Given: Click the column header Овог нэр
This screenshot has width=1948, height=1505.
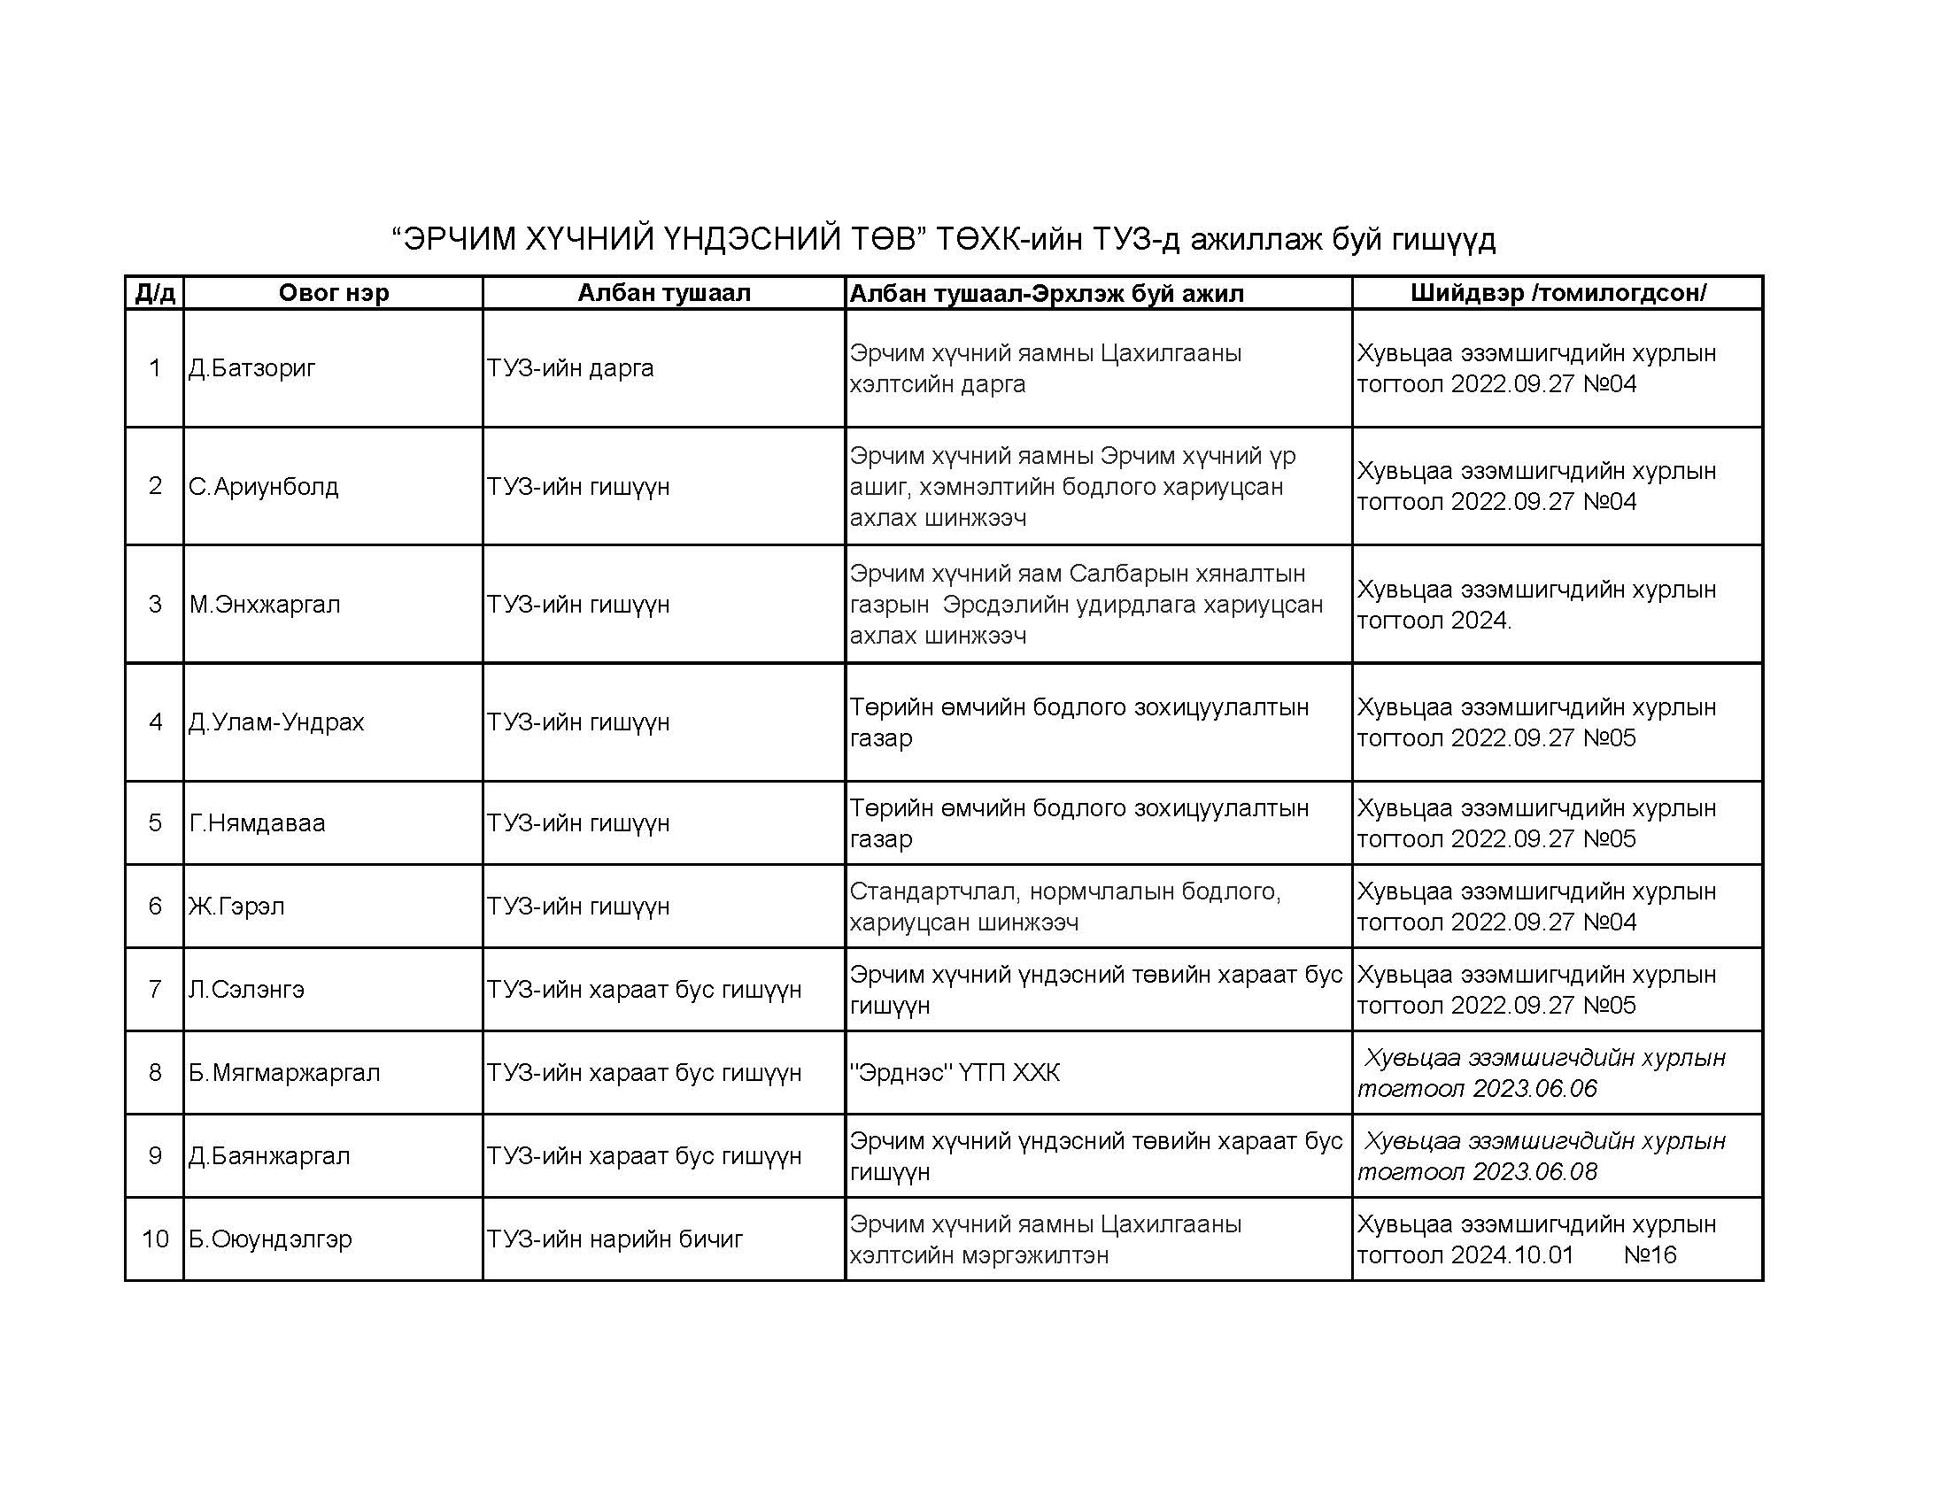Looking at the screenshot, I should point(334,293).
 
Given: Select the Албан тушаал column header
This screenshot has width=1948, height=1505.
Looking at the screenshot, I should point(663,293).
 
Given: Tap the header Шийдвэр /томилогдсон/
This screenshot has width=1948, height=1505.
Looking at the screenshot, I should point(1558,293).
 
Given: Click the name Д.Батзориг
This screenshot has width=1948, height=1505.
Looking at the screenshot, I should point(251,368).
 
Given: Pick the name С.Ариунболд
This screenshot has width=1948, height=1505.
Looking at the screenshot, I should point(263,487).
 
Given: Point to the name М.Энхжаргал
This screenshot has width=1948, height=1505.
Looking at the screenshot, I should point(264,605).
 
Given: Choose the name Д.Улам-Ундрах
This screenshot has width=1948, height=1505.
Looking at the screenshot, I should point(275,722).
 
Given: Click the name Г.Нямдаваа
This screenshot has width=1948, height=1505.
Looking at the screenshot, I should point(257,823).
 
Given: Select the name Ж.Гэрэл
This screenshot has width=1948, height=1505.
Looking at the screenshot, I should point(236,907).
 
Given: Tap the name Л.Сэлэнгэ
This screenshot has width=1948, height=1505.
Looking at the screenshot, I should point(246,990).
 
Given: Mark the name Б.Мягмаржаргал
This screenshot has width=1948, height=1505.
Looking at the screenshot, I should point(283,1073).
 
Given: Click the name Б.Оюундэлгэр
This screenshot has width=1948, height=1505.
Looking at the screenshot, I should point(269,1239).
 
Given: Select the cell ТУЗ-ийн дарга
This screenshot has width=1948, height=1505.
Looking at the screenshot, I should point(570,368).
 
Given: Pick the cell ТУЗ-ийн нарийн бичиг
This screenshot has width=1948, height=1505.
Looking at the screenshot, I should point(615,1239).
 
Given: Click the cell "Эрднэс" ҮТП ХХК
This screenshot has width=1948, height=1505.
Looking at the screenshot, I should point(955,1073).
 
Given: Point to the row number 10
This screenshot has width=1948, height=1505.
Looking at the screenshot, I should point(155,1239).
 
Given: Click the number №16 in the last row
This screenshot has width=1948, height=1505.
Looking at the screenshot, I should point(1650,1255).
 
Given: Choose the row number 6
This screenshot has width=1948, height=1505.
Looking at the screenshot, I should point(155,907).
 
